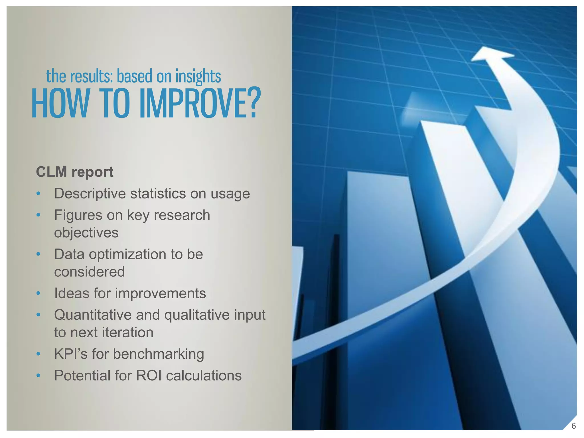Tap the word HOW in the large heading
pos(60,103)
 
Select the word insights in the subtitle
pos(198,76)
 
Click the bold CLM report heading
pos(75,172)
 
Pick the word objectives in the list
pos(86,233)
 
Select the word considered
pos(89,271)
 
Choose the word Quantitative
pos(92,315)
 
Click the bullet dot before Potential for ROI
pos(38,376)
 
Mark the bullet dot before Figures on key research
pos(38,215)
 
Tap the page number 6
pos(573,426)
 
